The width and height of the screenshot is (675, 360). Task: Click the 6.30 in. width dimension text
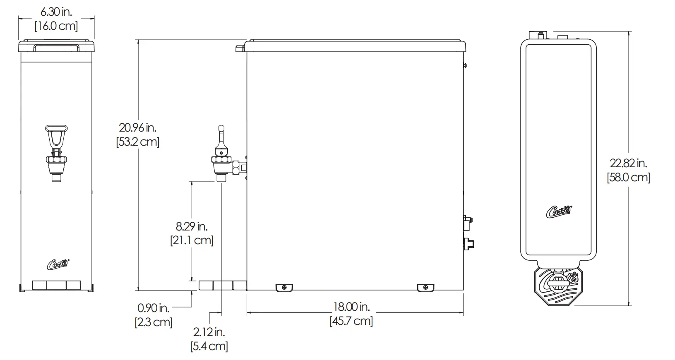(x=56, y=12)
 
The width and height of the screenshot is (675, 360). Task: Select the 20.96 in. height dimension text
(x=137, y=127)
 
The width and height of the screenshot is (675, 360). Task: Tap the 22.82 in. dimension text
(x=628, y=163)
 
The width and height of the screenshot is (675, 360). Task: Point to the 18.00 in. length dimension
(x=351, y=307)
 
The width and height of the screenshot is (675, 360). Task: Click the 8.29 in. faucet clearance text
(x=192, y=226)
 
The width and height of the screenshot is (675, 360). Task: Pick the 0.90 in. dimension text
(x=153, y=308)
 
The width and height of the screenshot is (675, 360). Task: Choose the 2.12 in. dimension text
(x=209, y=332)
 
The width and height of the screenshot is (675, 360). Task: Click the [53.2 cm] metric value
(x=137, y=142)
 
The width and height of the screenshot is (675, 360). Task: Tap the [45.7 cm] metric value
(x=351, y=321)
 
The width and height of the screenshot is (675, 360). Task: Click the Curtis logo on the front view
(x=58, y=264)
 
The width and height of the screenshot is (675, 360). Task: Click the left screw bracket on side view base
(x=284, y=288)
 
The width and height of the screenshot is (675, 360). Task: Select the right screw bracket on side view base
(x=425, y=288)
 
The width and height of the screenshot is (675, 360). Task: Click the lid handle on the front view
(x=56, y=48)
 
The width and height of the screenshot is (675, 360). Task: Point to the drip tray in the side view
(x=222, y=286)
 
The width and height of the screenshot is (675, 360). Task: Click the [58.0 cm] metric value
(x=628, y=178)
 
